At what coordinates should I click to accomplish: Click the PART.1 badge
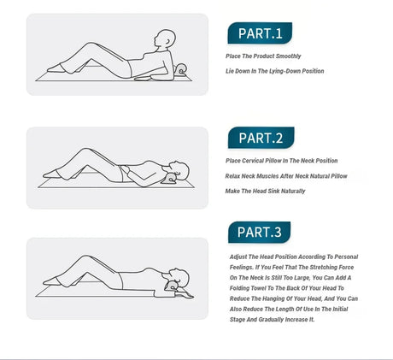pos(260,33)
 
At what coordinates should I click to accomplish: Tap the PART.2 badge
pos(261,138)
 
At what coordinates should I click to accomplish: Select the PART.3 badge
pos(259,232)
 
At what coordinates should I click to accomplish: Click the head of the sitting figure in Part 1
pos(165,38)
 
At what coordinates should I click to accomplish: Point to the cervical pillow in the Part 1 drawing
pos(181,70)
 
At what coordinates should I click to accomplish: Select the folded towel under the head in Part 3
pos(185,293)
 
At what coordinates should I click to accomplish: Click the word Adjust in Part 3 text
pos(238,257)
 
